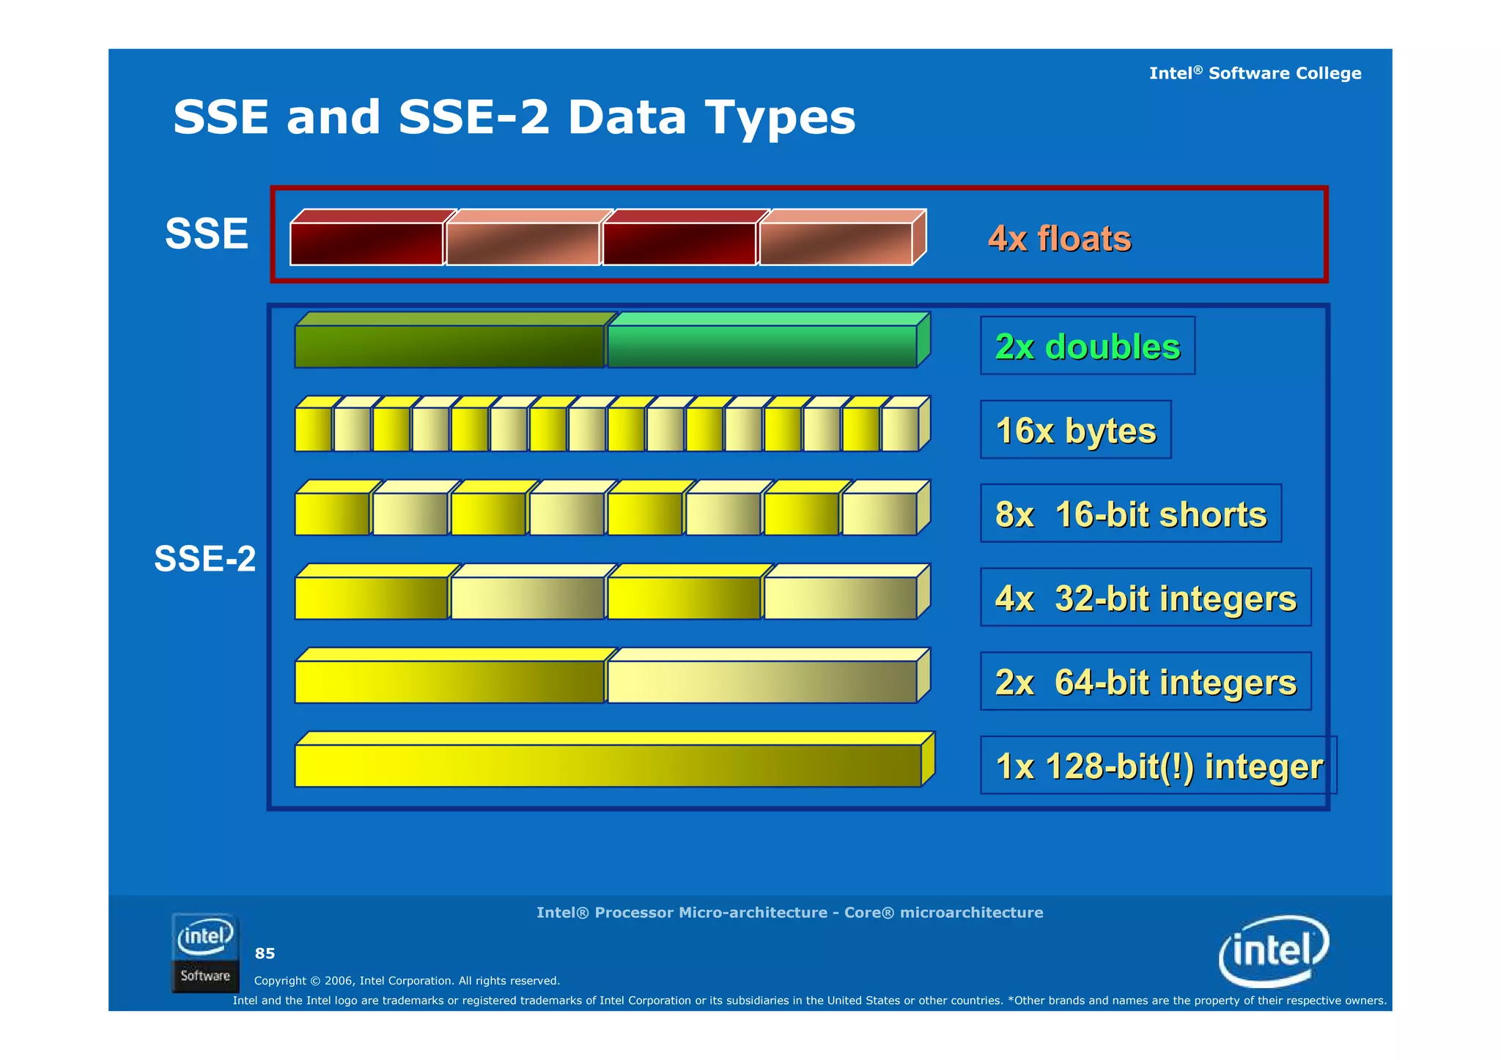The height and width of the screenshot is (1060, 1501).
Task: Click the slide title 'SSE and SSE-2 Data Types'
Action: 514,117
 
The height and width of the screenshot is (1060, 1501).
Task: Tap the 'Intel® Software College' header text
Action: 1255,73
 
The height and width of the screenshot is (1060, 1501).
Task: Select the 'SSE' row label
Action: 207,234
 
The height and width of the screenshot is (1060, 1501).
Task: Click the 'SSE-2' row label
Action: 204,559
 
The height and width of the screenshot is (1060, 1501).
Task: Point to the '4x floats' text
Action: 1059,239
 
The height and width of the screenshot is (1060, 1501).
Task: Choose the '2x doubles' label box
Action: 1087,346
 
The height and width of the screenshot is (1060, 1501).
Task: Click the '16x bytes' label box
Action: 1075,430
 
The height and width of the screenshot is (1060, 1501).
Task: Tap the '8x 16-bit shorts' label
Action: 1130,514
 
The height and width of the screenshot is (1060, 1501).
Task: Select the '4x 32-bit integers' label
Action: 1145,598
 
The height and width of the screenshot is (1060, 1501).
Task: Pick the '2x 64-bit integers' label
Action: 1145,682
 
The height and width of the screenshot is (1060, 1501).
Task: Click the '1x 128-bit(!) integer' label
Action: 1158,766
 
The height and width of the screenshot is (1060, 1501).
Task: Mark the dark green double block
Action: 449,346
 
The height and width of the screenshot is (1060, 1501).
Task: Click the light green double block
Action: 762,346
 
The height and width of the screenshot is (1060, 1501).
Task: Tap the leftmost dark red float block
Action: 366,243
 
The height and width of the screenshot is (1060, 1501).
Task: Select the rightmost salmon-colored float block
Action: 836,243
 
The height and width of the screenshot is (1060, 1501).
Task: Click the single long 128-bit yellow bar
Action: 608,766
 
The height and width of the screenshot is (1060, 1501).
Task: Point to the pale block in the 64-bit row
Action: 762,681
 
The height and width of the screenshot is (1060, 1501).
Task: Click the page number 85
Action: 265,954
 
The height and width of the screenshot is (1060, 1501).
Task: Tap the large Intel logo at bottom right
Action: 1274,951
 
